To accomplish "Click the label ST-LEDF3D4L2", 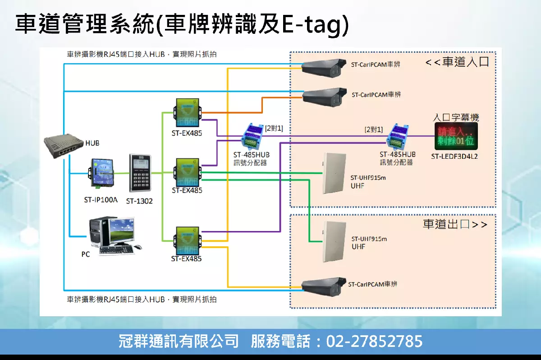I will pyautogui.click(x=454, y=157).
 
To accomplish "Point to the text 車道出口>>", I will pyautogui.click(x=455, y=224).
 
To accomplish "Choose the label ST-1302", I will pyautogui.click(x=139, y=201).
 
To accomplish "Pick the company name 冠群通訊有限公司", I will pyautogui.click(x=179, y=341).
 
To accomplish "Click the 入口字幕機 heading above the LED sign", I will pyautogui.click(x=455, y=118).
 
